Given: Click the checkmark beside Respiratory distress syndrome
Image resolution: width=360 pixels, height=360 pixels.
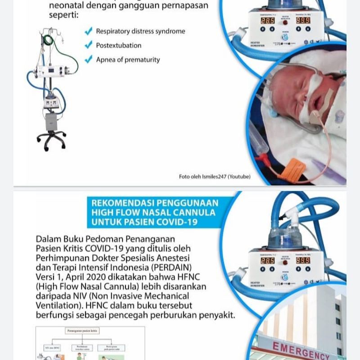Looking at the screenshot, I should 89,31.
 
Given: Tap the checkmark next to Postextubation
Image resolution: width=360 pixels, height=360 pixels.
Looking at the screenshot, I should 89,45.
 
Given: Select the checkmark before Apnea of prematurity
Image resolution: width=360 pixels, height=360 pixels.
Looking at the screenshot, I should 89,59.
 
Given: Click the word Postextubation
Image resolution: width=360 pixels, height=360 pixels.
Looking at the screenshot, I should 118,45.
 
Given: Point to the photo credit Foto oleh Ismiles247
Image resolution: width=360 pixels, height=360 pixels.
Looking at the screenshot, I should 215,176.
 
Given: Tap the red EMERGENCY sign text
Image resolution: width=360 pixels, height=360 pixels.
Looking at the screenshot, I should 301,350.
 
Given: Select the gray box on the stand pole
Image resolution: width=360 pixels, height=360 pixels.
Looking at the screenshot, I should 50,121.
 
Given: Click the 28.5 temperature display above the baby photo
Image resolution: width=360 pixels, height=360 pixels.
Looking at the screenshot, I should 267,21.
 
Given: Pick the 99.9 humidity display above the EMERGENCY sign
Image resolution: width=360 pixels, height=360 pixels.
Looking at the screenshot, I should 302,260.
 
